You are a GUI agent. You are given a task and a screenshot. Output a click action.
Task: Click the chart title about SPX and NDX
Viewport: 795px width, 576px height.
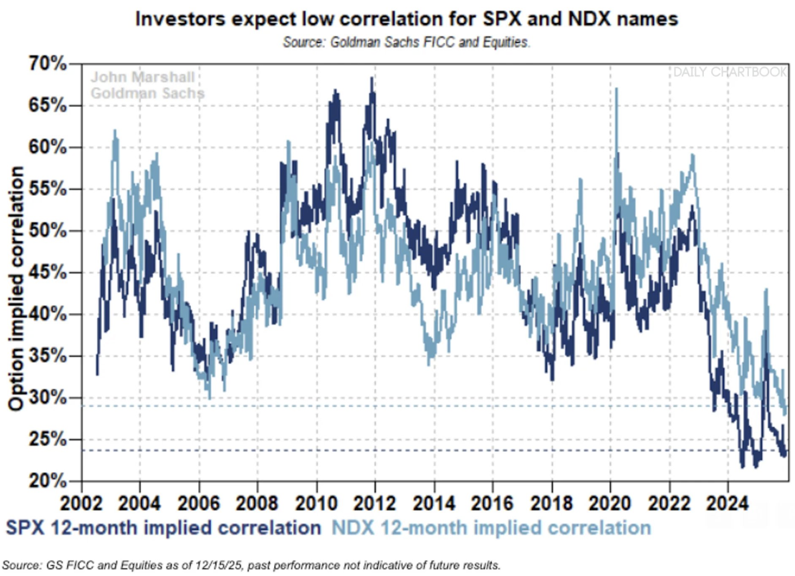coord(406,19)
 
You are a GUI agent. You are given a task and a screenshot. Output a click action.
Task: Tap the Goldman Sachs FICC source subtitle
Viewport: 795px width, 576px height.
coord(406,42)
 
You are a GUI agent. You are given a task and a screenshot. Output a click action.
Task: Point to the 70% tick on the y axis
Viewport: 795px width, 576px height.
coord(48,64)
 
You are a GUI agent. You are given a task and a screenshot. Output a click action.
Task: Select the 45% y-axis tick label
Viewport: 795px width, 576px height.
coord(48,273)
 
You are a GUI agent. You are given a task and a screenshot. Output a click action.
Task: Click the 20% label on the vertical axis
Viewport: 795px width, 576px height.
coord(48,481)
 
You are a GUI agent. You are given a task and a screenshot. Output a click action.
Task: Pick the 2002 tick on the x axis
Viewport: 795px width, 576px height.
coord(82,503)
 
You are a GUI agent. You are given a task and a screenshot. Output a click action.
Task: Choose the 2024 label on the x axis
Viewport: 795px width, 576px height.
coord(727,503)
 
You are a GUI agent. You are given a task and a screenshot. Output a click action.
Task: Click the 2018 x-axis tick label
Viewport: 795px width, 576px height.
coord(551,503)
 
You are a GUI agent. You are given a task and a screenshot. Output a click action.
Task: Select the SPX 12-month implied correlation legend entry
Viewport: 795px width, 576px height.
coord(163,528)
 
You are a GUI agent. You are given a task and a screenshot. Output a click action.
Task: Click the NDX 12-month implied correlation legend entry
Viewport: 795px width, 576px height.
coord(491,528)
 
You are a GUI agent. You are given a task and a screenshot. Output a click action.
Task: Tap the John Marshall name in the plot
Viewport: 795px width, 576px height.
coord(143,77)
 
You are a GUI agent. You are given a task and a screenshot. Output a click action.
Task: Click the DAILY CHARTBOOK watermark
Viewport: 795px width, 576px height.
coord(730,72)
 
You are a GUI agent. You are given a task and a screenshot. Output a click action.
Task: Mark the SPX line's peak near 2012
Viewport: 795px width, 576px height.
coord(372,78)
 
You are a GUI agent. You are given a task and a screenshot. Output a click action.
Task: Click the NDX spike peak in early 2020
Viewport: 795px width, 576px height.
coord(617,88)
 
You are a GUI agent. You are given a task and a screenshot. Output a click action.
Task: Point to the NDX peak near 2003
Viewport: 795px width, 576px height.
coord(115,131)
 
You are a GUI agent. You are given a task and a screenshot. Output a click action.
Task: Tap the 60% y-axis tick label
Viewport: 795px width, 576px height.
coord(48,148)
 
